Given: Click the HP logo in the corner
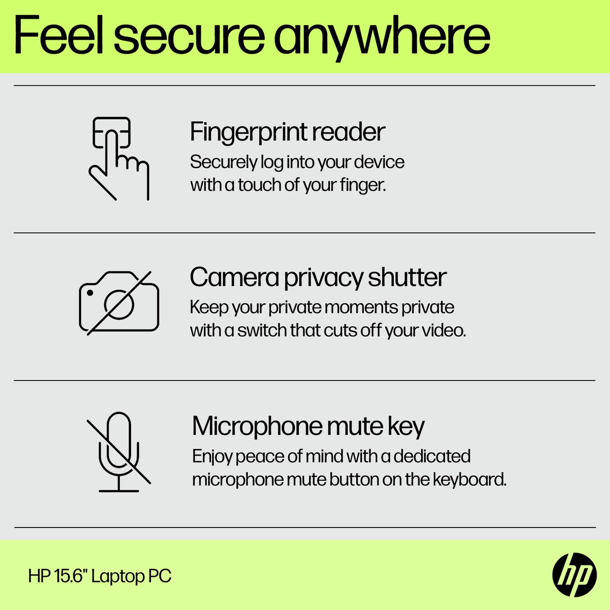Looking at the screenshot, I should pos(574,575).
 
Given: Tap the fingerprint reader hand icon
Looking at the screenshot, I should pos(118,159).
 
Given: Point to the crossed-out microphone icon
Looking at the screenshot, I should pos(119,451).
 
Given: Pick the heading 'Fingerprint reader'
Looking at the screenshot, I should pos(287,132).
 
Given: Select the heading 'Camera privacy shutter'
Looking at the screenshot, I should pos(318,278).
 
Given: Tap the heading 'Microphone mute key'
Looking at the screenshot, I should pos(308,427).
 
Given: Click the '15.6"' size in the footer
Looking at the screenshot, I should pos(70,576).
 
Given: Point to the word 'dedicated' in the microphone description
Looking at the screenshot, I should pos(432,456).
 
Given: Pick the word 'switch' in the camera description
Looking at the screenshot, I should pos(262,330).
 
